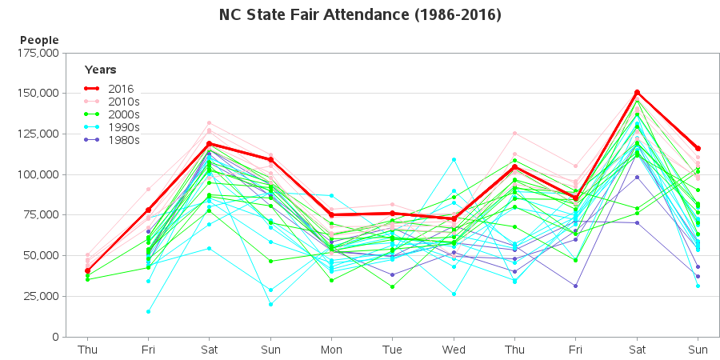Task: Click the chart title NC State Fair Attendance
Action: tap(360, 15)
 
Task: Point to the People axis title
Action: tap(39, 40)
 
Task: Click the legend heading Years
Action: tap(101, 70)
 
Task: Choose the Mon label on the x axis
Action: tap(331, 350)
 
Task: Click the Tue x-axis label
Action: tap(392, 350)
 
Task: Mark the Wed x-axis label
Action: tap(454, 350)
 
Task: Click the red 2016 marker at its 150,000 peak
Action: tap(637, 92)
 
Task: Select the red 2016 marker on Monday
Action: tap(331, 214)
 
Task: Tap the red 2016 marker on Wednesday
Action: tap(454, 218)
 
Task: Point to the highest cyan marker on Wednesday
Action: tap(454, 159)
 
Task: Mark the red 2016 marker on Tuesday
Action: tap(392, 213)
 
